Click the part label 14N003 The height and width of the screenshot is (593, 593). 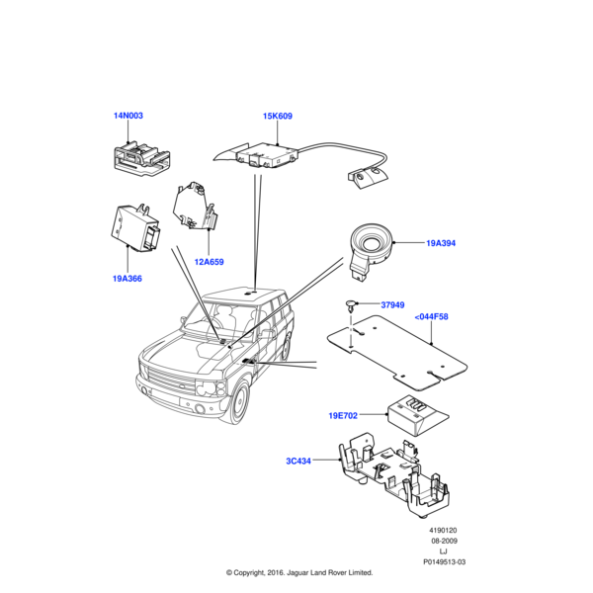tap(128, 116)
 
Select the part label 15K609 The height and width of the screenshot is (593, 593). tap(278, 116)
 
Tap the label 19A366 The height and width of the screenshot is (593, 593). tap(127, 279)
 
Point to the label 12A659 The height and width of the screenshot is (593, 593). tap(209, 262)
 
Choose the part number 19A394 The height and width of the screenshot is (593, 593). tap(441, 243)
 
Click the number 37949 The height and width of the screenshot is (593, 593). tap(392, 304)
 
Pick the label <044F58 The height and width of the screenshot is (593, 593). tap(431, 316)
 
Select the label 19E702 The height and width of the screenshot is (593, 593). tap(343, 416)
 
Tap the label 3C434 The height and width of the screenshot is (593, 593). tap(298, 461)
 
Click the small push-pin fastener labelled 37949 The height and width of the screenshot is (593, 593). tap(351, 305)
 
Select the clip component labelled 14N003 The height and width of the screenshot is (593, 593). tap(141, 159)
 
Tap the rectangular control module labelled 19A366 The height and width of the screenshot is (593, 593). tap(135, 227)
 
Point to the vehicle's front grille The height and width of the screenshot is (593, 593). tap(169, 380)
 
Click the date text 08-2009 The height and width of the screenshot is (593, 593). tap(444, 541)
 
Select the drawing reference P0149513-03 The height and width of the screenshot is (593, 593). tap(444, 562)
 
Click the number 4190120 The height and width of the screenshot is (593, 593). tap(443, 530)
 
